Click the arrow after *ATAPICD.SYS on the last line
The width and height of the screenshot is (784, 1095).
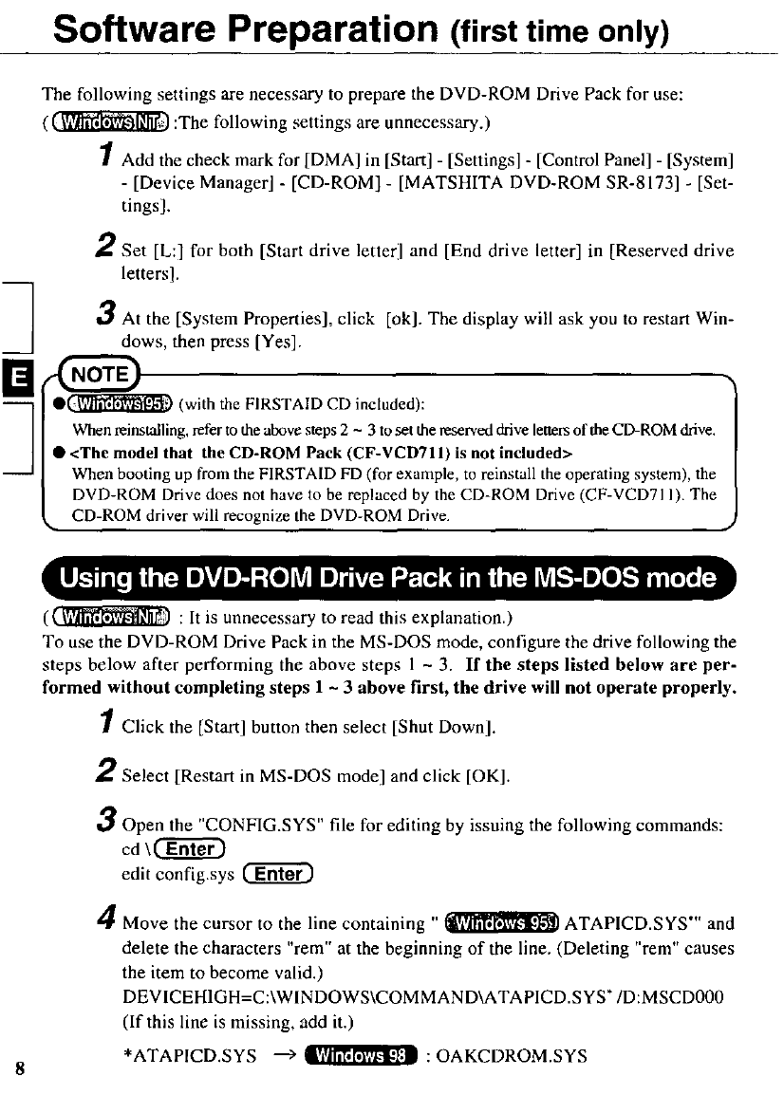coord(286,1055)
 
